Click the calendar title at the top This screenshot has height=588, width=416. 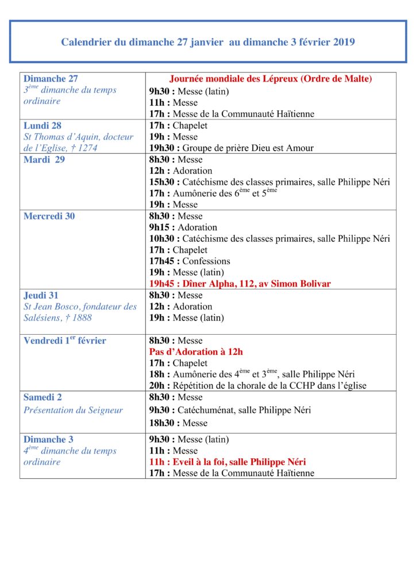208,41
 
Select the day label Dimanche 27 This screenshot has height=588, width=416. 51,79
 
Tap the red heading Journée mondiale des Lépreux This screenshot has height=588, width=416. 271,79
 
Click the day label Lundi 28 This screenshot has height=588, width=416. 43,125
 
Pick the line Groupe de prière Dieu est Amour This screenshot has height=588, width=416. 231,148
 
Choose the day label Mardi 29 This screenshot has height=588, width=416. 44,160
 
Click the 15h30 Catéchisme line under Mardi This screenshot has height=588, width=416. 269,182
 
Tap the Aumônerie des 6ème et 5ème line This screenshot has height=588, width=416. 213,193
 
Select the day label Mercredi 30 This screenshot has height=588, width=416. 49,216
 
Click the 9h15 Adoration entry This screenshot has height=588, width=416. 183,227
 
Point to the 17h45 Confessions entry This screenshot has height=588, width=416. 190,261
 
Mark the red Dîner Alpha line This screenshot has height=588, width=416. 240,284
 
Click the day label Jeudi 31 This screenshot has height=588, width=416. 41,295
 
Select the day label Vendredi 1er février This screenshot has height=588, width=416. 64,341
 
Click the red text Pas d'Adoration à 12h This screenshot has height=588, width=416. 196,352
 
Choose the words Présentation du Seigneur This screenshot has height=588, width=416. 73,410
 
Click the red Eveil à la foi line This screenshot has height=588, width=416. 227,462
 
